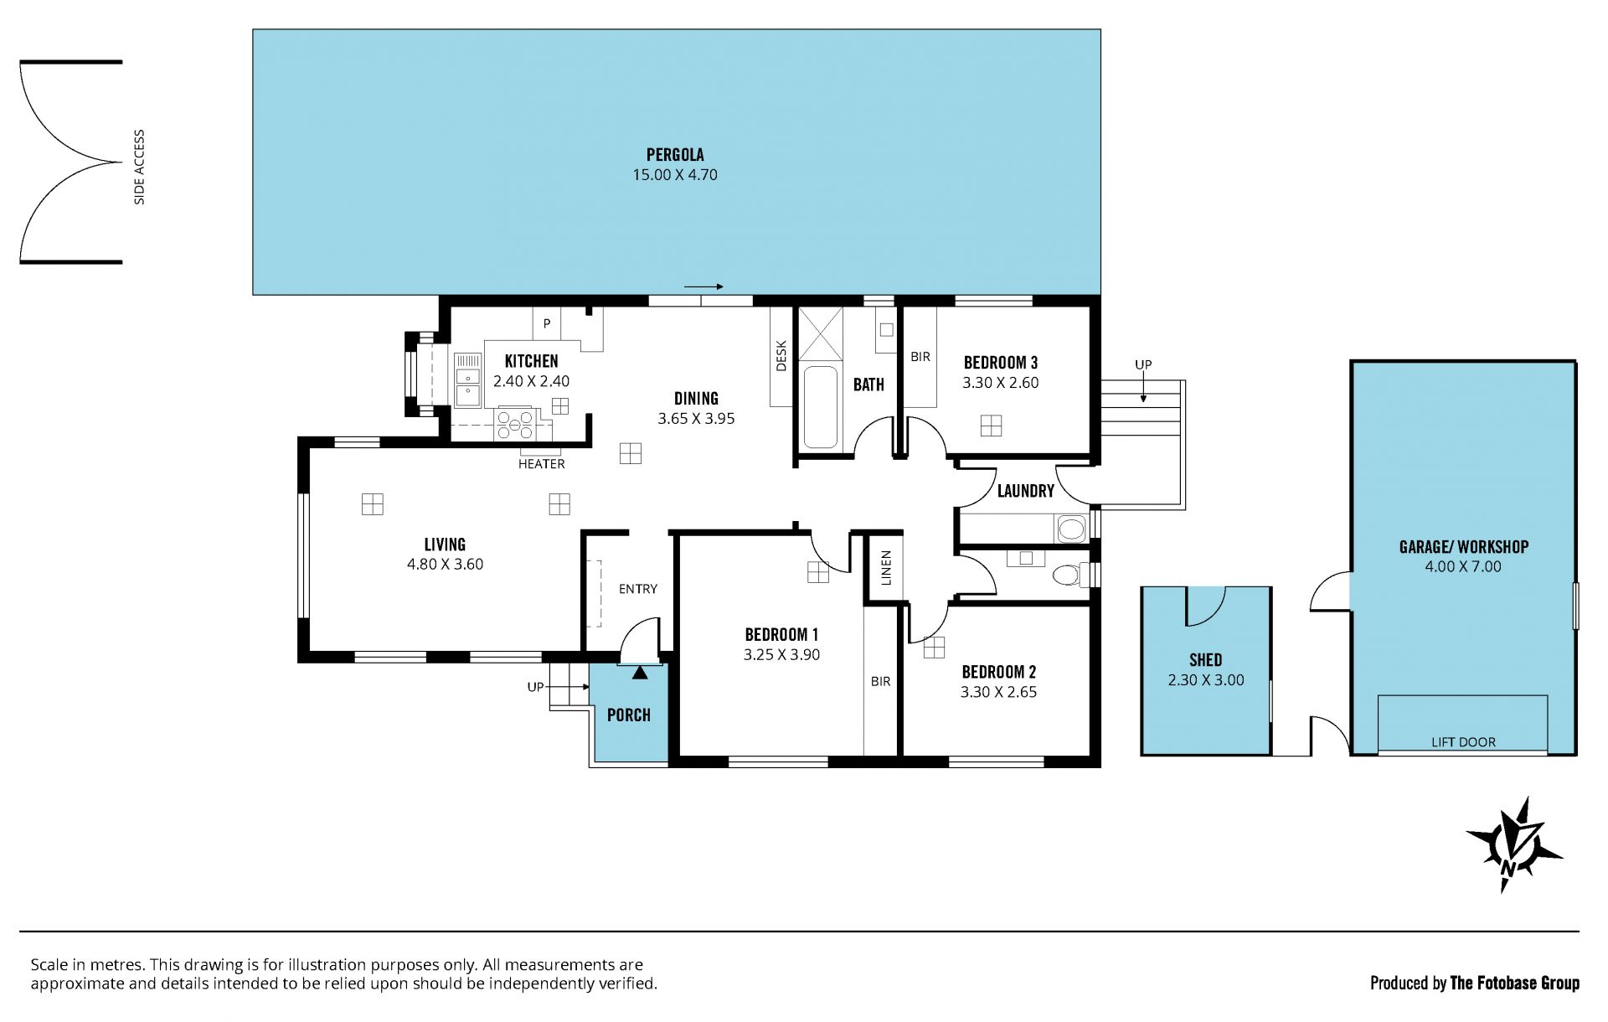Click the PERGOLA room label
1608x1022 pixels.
click(x=675, y=155)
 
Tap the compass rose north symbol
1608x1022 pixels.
click(x=1513, y=844)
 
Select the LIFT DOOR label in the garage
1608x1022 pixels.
click(x=1463, y=742)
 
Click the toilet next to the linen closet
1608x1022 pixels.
click(x=1068, y=575)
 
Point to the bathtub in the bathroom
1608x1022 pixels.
click(x=820, y=407)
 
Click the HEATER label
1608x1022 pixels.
click(x=541, y=464)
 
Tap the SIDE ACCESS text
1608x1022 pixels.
click(x=139, y=167)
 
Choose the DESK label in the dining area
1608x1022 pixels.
click(x=781, y=355)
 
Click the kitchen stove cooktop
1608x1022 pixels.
click(x=514, y=423)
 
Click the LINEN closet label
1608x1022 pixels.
click(x=886, y=567)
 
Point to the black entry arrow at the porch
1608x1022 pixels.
click(x=640, y=671)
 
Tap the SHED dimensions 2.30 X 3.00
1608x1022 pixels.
click(x=1206, y=680)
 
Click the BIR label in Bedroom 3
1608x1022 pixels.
click(x=920, y=357)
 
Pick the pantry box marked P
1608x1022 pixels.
click(x=547, y=323)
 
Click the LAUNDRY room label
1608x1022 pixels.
click(x=1025, y=491)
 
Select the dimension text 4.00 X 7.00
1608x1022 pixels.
click(x=1463, y=566)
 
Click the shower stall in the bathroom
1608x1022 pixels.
click(x=820, y=333)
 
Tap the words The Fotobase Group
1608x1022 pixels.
click(x=1514, y=983)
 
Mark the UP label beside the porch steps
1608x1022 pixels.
click(x=535, y=687)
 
